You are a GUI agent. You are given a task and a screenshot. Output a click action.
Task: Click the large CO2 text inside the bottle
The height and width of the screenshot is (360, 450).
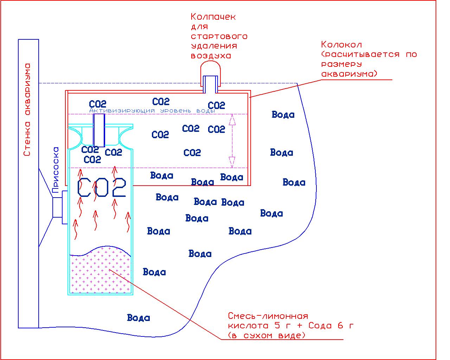click(x=102, y=187)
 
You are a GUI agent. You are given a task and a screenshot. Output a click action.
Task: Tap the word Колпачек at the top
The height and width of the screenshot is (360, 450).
click(x=213, y=17)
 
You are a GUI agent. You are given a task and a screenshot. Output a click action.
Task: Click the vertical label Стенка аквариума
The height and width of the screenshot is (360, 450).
click(x=27, y=109)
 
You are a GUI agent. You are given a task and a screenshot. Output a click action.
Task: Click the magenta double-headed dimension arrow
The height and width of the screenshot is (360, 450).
click(x=231, y=141)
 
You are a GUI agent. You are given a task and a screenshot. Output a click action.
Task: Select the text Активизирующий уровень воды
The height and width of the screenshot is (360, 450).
click(x=153, y=111)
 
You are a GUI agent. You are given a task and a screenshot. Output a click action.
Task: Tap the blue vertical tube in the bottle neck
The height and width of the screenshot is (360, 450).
click(x=99, y=130)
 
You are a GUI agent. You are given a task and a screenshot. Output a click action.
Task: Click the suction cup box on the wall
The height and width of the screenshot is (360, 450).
click(x=58, y=207)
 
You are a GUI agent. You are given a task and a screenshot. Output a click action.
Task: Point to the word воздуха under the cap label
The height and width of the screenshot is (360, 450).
click(x=211, y=56)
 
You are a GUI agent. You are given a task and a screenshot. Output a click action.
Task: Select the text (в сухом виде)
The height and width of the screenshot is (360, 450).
click(x=266, y=335)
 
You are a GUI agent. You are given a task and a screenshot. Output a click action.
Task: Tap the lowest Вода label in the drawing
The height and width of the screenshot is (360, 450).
click(x=139, y=318)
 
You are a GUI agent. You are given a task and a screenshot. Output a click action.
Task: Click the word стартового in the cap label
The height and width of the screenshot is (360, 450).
click(x=219, y=36)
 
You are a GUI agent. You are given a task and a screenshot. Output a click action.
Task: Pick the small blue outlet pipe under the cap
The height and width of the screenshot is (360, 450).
click(x=211, y=84)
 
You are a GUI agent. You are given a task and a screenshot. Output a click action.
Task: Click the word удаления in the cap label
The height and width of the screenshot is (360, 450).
click(x=214, y=46)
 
